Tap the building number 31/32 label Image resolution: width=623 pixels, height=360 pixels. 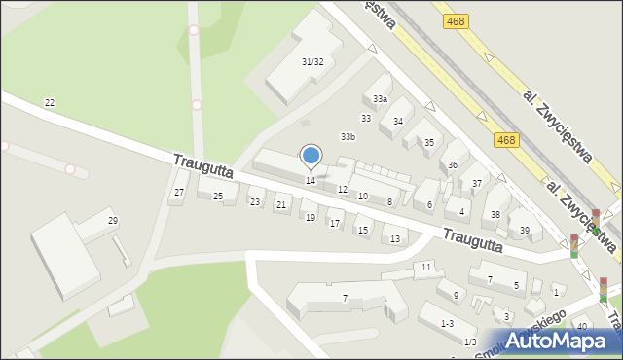pyautogui.click(x=312, y=62)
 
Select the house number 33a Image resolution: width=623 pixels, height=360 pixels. pyautogui.click(x=380, y=99)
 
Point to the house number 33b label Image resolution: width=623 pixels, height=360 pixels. pyautogui.click(x=348, y=137)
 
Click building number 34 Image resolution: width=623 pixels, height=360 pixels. pyautogui.click(x=397, y=122)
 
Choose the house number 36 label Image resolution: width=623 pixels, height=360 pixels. pyautogui.click(x=453, y=165)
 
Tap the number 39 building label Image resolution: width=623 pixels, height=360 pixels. pyautogui.click(x=525, y=231)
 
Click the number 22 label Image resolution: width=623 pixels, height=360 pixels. pyautogui.click(x=50, y=103)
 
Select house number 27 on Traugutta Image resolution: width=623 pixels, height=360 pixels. pyautogui.click(x=178, y=193)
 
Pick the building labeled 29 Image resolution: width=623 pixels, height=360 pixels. pyautogui.click(x=113, y=222)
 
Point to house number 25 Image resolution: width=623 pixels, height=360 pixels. pyautogui.click(x=218, y=198)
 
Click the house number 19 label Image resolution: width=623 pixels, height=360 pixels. pyautogui.click(x=310, y=218)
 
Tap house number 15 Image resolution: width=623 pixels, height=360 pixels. pyautogui.click(x=362, y=231)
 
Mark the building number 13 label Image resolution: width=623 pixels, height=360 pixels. pyautogui.click(x=394, y=239)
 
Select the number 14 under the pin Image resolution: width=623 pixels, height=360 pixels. pyautogui.click(x=311, y=181)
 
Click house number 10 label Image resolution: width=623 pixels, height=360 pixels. pyautogui.click(x=362, y=197)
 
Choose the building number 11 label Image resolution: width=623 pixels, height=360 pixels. pyautogui.click(x=426, y=267)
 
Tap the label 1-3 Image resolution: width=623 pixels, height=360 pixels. pyautogui.click(x=447, y=323)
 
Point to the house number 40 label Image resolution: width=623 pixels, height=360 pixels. pyautogui.click(x=582, y=326)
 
